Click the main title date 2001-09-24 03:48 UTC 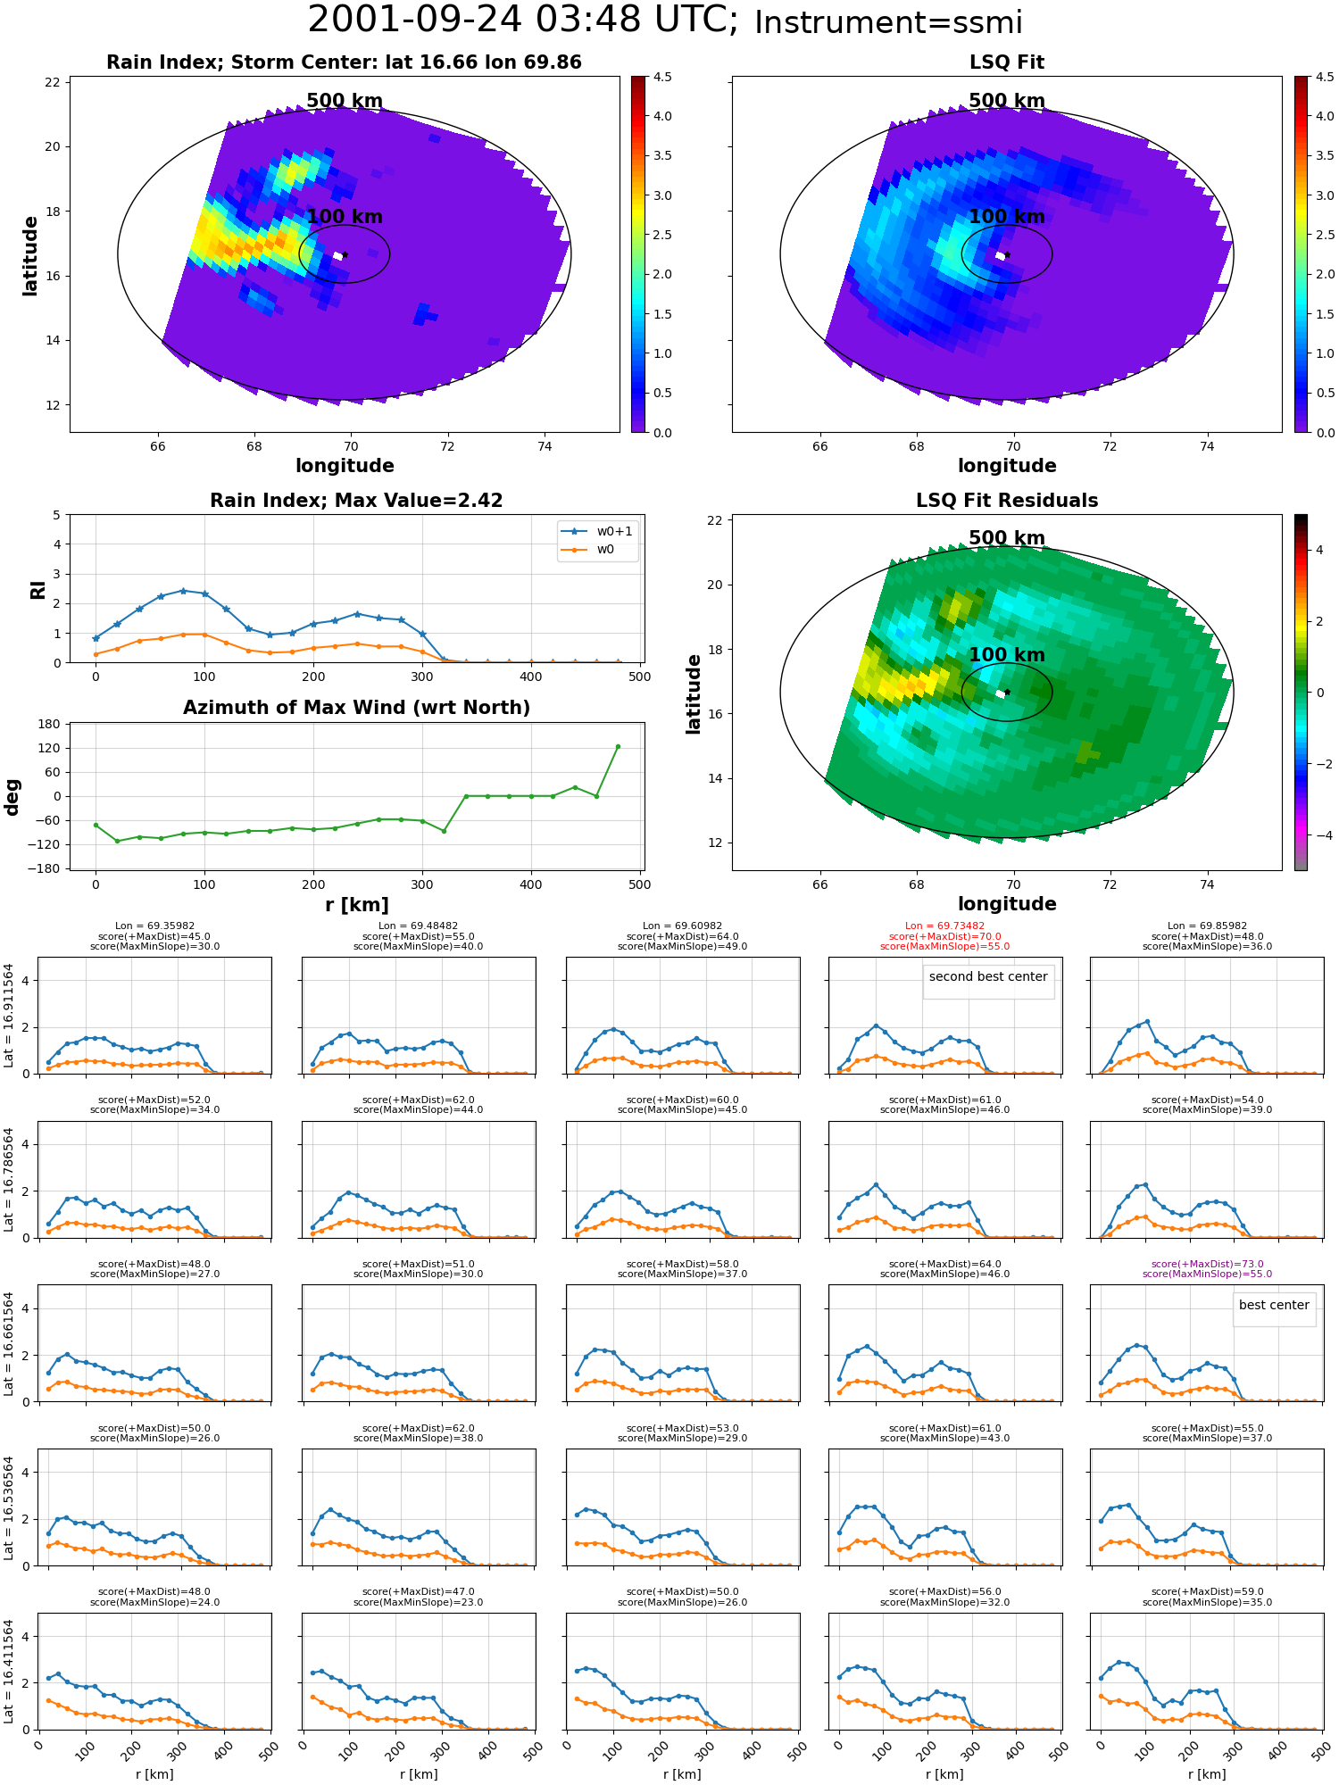pos(523,21)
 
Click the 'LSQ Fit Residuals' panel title pos(1007,501)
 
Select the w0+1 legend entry pos(597,531)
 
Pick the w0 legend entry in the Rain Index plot pos(589,549)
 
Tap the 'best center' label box pos(1274,1305)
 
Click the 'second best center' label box pos(988,976)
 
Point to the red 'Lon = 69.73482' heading pos(944,926)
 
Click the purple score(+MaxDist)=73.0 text pos(1207,1264)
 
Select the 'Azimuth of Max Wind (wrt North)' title pos(356,708)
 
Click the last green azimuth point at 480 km pos(618,746)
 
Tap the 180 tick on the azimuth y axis pos(50,724)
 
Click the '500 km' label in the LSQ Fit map pos(1007,101)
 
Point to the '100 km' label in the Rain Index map pos(345,217)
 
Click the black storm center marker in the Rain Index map pos(345,255)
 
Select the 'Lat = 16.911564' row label pos(9,1015)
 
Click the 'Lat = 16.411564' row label pos(9,1671)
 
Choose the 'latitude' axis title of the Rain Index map pos(30,255)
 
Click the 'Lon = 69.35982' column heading pos(154,926)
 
